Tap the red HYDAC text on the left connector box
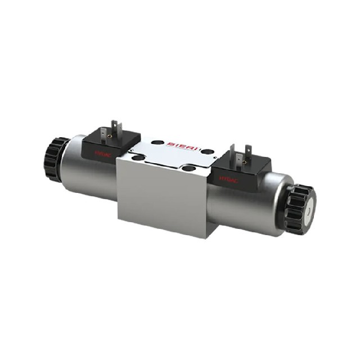tap(103, 152)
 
